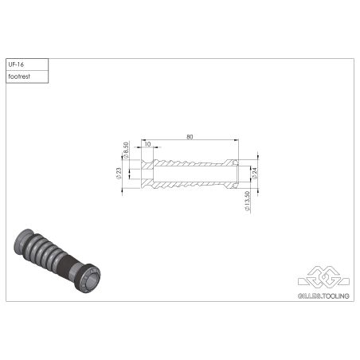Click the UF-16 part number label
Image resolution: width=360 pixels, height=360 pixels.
pos(16,65)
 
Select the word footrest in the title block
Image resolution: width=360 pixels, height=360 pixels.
pos(20,76)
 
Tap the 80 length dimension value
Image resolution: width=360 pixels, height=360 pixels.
pos(190,137)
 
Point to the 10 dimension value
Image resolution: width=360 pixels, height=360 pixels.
pos(147,144)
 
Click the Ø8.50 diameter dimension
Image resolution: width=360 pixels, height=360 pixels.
pos(127,151)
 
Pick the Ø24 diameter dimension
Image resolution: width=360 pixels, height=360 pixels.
pos(254,172)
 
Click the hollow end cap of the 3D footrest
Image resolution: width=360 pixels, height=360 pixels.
pos(90,280)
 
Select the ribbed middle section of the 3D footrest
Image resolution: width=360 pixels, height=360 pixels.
pos(48,252)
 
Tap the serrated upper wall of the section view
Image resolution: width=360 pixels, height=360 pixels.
pos(191,162)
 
